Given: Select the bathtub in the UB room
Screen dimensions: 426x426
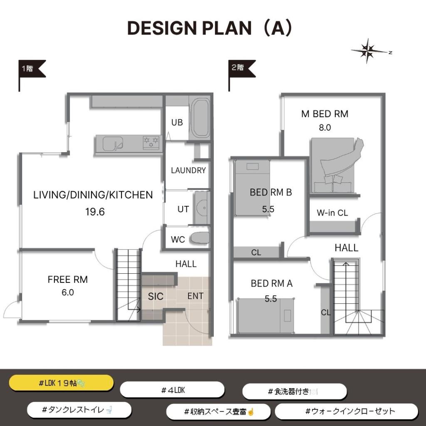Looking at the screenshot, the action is click(x=200, y=119).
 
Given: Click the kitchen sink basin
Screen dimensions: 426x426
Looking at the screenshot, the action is click(x=113, y=143).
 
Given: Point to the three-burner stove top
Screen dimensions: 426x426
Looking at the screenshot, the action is click(x=151, y=143).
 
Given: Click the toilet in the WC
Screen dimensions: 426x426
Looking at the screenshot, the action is click(x=200, y=238).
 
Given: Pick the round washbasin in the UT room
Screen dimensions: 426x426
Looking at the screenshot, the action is click(x=202, y=208).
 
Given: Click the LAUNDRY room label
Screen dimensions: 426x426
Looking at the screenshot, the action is click(x=188, y=170).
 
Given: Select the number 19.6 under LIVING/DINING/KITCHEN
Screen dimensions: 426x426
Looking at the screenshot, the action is click(x=95, y=212).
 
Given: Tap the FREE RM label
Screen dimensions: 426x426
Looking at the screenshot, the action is click(x=68, y=279).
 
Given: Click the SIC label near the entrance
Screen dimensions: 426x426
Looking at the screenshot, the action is click(x=156, y=296).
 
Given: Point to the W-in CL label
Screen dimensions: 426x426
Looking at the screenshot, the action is click(x=332, y=213).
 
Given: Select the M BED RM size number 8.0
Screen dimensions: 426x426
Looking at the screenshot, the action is click(x=325, y=127).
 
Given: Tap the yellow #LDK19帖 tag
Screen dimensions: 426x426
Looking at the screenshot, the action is click(x=62, y=383).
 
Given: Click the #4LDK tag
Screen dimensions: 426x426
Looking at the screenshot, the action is click(x=172, y=390).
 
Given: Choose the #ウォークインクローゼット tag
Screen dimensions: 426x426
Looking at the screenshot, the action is click(x=347, y=411).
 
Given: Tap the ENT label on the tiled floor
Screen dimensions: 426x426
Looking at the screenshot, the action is click(x=196, y=296).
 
